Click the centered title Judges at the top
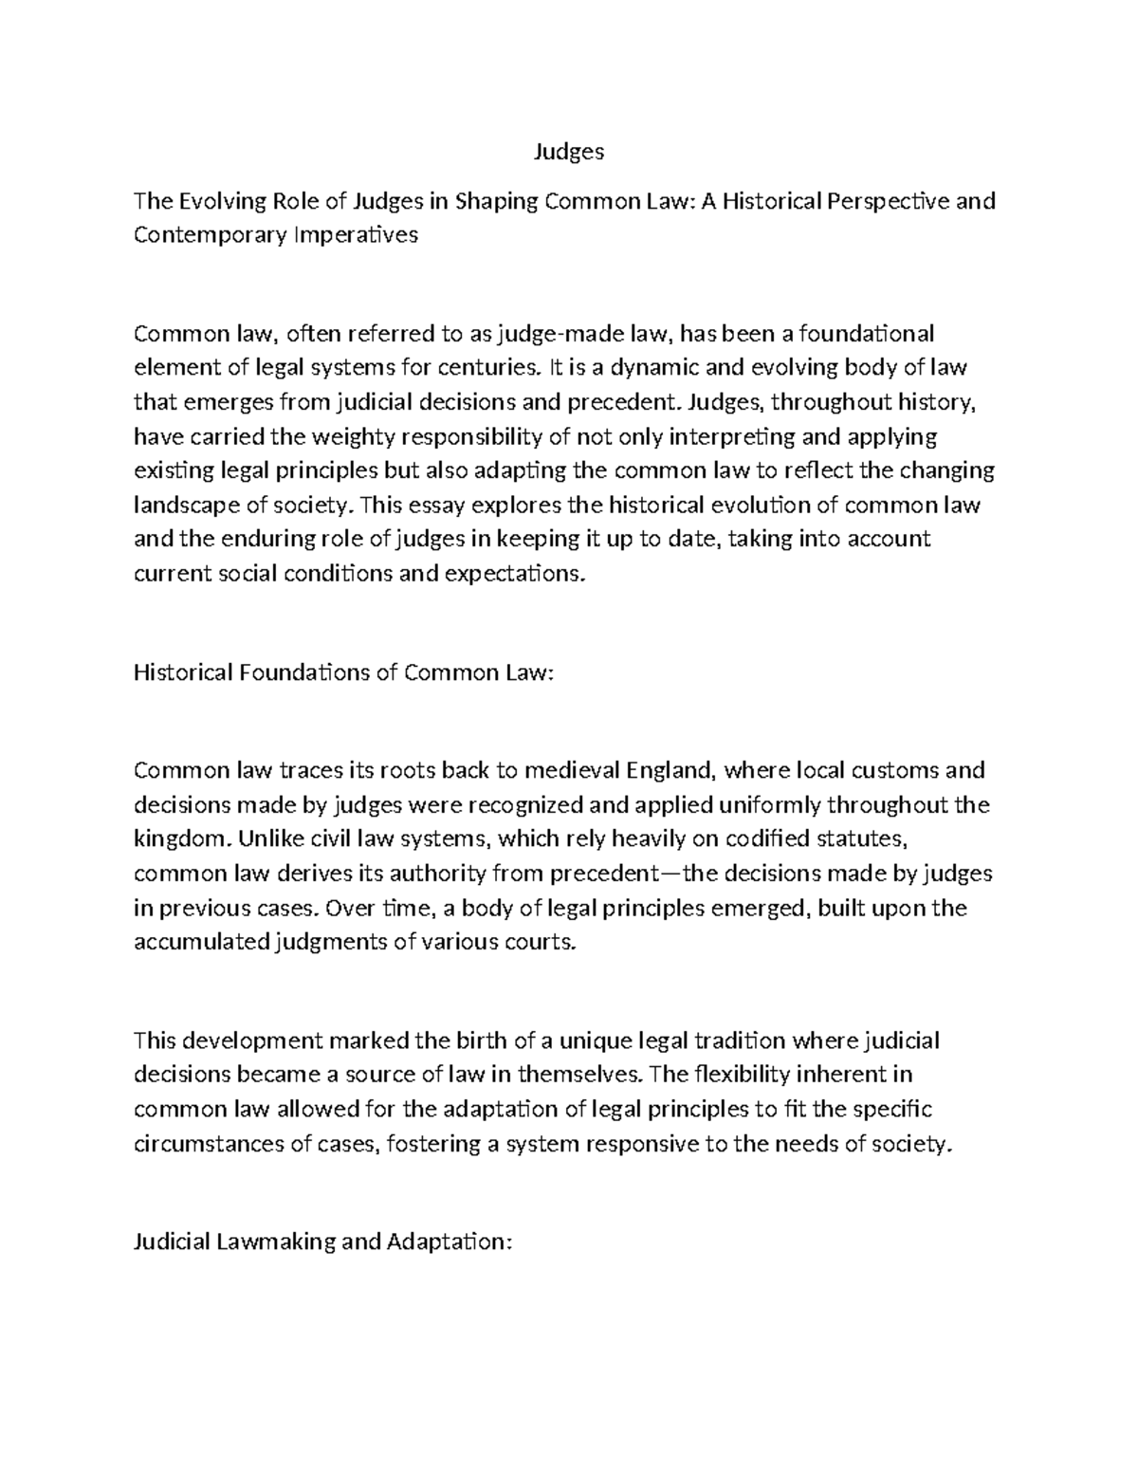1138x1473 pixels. point(568,152)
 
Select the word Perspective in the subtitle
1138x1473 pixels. point(888,201)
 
